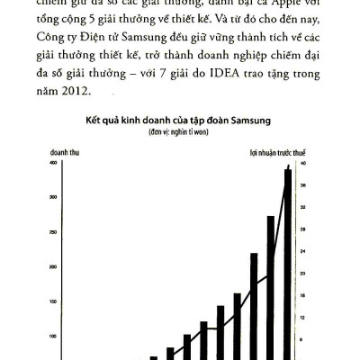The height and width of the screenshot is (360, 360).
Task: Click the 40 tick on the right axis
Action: tap(302, 163)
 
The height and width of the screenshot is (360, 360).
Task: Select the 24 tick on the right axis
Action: tap(302, 274)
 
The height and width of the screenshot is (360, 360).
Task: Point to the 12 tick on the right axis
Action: tap(302, 318)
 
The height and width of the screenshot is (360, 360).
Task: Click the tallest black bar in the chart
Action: tap(288, 261)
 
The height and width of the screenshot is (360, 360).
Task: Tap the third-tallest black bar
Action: tap(254, 306)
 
